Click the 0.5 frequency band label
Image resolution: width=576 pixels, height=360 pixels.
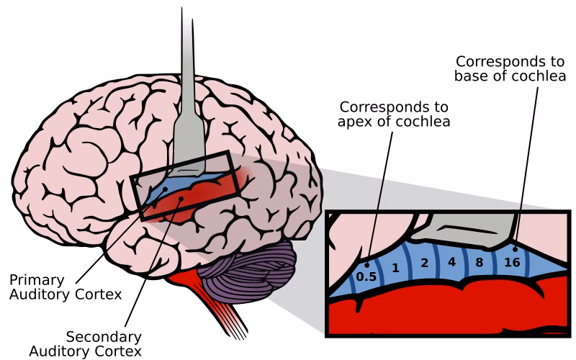pyautogui.click(x=366, y=275)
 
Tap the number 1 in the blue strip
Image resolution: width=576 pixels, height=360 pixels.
pyautogui.click(x=395, y=268)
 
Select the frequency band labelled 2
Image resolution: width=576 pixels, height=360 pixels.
pyautogui.click(x=424, y=263)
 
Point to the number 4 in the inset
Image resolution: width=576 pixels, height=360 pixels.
pyautogui.click(x=451, y=261)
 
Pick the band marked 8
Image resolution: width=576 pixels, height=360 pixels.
pyautogui.click(x=480, y=262)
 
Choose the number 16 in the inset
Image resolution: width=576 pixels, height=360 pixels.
pyautogui.click(x=513, y=263)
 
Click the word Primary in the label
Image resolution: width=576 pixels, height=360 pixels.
pyautogui.click(x=37, y=279)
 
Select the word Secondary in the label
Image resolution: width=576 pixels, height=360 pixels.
pyautogui.click(x=104, y=337)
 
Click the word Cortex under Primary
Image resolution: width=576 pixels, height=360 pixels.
pyautogui.click(x=101, y=294)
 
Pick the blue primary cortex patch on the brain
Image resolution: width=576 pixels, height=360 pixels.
pyautogui.click(x=173, y=185)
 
